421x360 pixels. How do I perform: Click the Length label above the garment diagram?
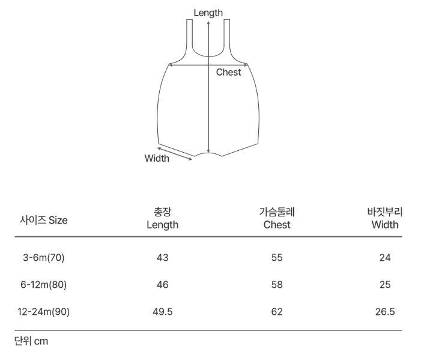point(208,13)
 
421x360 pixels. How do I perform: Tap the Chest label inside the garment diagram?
point(228,72)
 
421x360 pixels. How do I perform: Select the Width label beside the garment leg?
point(157,158)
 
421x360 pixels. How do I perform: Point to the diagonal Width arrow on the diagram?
point(175,154)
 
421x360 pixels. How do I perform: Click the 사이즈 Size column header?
point(43,221)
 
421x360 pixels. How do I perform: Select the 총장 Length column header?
point(162,218)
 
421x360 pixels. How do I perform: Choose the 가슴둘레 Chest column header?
point(277,218)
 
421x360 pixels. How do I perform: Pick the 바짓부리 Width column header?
point(385,218)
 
